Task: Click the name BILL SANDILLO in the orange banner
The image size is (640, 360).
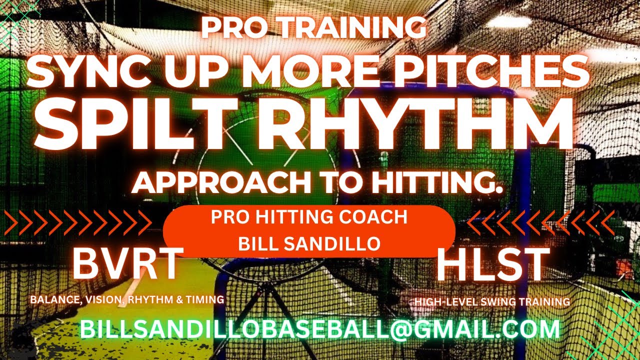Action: pyautogui.click(x=309, y=243)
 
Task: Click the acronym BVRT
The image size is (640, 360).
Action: pyautogui.click(x=126, y=264)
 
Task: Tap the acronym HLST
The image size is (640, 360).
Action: pyautogui.click(x=492, y=264)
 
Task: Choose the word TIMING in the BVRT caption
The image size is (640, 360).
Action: pyautogui.click(x=206, y=300)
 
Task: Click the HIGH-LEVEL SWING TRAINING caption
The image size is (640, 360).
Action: pyautogui.click(x=492, y=302)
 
